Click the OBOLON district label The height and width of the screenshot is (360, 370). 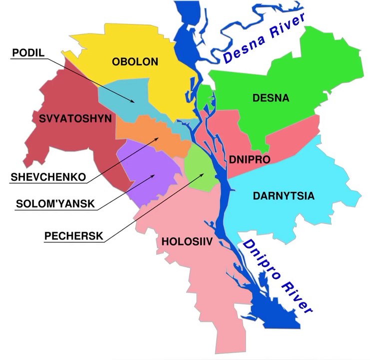pyautogui.click(x=135, y=62)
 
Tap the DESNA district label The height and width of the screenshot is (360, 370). pyautogui.click(x=271, y=98)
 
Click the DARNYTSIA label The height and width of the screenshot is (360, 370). pyautogui.click(x=284, y=195)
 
